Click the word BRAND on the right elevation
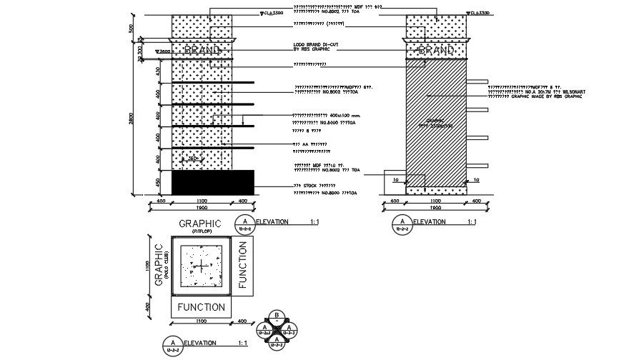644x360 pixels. [436, 51]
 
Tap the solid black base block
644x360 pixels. [213, 181]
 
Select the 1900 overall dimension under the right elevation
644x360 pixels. [435, 208]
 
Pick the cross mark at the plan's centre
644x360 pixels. [202, 266]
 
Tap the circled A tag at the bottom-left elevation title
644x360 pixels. [172, 344]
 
